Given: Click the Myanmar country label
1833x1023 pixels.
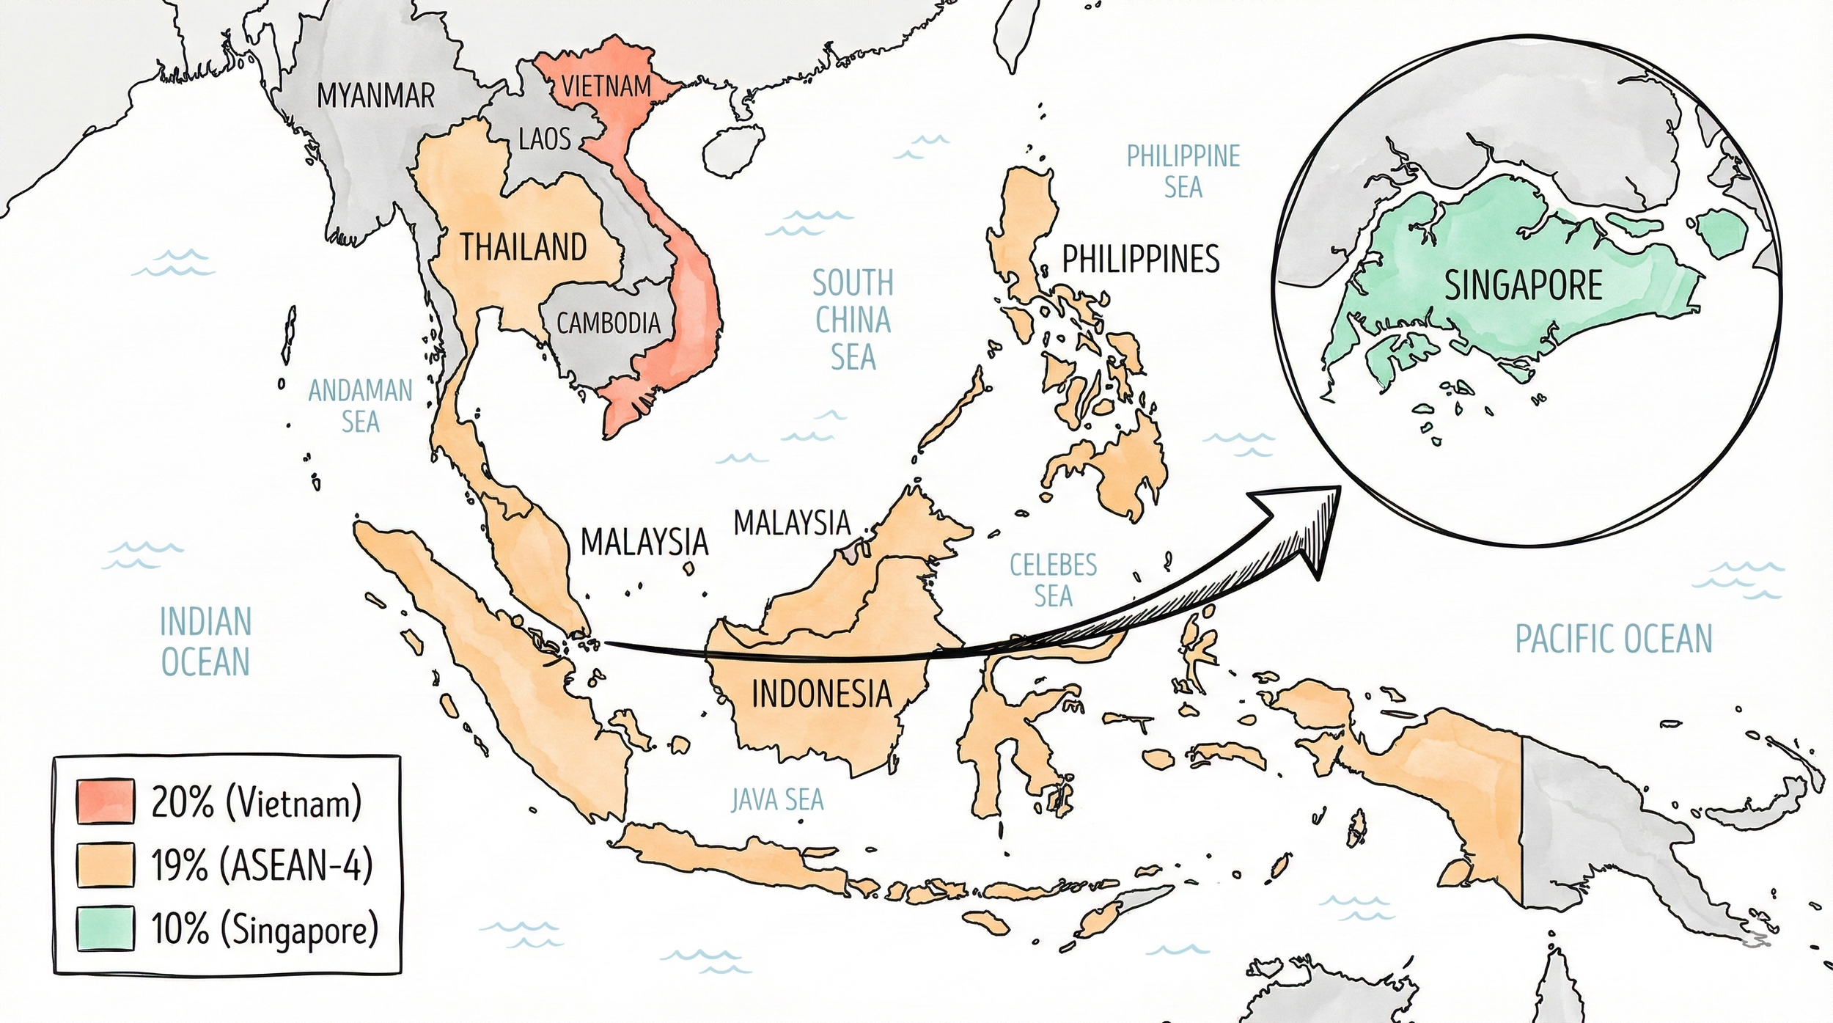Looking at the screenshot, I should point(375,96).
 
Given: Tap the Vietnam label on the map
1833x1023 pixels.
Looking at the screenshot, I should point(606,87).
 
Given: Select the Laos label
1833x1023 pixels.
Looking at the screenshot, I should point(544,139).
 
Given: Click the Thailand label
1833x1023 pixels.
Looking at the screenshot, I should point(523,248).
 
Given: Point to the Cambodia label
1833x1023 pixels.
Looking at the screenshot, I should point(608,323).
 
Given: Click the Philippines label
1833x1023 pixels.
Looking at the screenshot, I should point(1141,259).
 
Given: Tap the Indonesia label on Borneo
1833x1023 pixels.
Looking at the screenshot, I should point(821,694).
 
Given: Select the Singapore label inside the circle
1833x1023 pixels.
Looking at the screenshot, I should point(1524,285).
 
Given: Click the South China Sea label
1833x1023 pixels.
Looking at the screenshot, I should point(853,320).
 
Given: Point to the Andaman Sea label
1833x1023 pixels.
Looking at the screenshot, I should point(360,406).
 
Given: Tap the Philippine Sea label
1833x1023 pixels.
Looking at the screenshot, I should point(1183,172).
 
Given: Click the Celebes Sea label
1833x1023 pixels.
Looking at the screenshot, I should point(1053,580).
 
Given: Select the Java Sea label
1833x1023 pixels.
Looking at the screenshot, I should point(777,800).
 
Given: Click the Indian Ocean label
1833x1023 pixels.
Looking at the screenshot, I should point(205,642).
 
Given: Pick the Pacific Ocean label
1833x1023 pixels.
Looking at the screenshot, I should point(1614,639).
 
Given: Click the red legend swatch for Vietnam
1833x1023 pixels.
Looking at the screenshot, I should point(105,802).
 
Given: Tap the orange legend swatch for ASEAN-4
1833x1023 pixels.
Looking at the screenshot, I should point(105,865).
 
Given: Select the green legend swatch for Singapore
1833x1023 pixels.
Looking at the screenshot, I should point(105,928).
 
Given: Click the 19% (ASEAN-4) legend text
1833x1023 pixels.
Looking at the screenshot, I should point(262,866).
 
